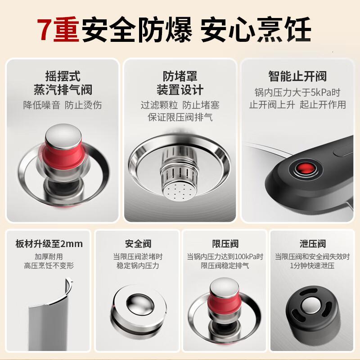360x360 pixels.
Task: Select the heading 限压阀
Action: coord(225,244)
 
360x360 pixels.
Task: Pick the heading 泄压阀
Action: coord(312,244)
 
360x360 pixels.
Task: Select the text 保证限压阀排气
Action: coord(180,117)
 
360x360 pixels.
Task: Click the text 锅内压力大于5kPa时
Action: coord(297,93)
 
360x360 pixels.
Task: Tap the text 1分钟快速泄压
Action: coord(312,265)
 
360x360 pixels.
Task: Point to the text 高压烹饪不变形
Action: coord(49,265)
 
